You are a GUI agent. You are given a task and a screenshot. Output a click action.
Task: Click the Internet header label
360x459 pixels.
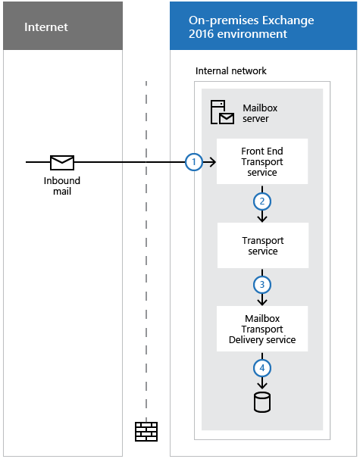[x=46, y=27]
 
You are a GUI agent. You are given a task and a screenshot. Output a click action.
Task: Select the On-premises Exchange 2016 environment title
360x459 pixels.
[x=252, y=27]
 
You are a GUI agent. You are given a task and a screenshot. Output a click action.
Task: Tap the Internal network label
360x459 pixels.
[x=231, y=71]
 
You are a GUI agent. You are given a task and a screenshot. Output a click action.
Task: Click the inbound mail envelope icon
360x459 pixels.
[x=62, y=162]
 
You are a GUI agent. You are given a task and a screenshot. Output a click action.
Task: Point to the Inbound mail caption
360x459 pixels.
[x=62, y=186]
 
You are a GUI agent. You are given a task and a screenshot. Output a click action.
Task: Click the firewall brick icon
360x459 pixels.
[x=146, y=432]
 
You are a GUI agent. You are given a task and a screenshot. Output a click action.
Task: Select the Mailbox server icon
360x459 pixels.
[x=222, y=112]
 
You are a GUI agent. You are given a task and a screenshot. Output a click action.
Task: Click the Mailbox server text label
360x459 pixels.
[x=260, y=114]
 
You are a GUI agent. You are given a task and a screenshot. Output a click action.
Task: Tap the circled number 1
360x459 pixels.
[x=194, y=162]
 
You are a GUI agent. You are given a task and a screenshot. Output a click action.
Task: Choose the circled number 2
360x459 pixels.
[x=262, y=201]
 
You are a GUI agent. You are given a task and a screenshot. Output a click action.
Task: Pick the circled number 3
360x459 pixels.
[x=262, y=285]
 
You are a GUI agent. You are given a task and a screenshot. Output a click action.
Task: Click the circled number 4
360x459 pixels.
[x=262, y=368]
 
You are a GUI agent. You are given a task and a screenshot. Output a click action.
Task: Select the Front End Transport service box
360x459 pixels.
[x=262, y=161]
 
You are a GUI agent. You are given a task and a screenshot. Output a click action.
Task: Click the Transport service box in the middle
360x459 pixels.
[x=263, y=245]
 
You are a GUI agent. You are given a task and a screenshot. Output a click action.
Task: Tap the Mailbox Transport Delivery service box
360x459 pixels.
[x=262, y=329]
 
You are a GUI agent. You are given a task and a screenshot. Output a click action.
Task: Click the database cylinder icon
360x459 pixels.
[x=262, y=402]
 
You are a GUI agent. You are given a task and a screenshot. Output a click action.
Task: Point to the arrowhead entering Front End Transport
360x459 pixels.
[x=214, y=162]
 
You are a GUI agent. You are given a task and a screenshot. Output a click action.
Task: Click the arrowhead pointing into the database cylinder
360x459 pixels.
[x=262, y=386]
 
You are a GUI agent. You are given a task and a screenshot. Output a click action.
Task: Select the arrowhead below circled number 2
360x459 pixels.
[x=262, y=219]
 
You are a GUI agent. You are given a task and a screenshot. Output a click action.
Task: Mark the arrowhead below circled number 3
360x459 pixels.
[x=262, y=302]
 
